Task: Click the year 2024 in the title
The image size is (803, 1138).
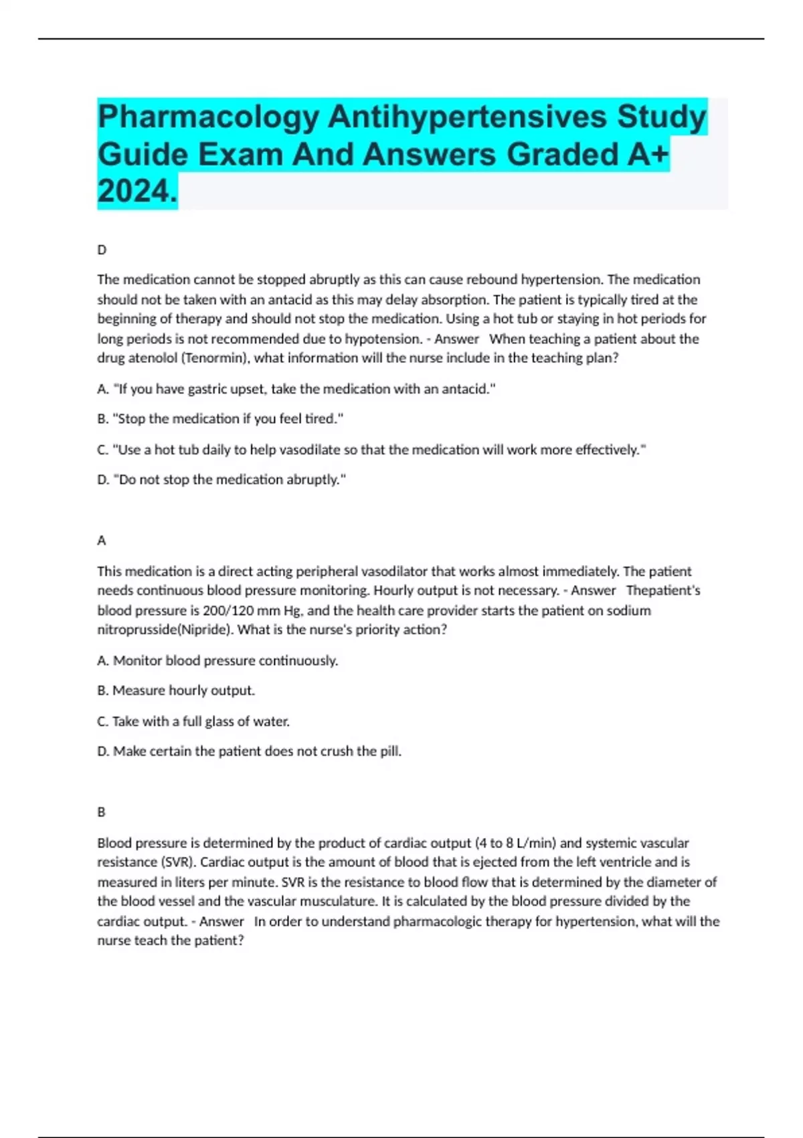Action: point(137,192)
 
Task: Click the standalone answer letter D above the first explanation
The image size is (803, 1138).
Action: point(102,250)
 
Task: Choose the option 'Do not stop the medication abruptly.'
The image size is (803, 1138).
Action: point(222,480)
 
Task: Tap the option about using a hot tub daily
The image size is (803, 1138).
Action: point(371,450)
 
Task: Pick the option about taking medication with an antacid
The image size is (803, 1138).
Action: point(296,389)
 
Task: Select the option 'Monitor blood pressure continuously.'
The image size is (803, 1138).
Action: point(218,661)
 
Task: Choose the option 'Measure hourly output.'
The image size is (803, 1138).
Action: point(177,691)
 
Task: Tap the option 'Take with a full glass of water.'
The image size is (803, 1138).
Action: point(194,722)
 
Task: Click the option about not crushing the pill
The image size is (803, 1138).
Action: point(250,752)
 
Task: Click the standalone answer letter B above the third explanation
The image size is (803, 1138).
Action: point(102,812)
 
